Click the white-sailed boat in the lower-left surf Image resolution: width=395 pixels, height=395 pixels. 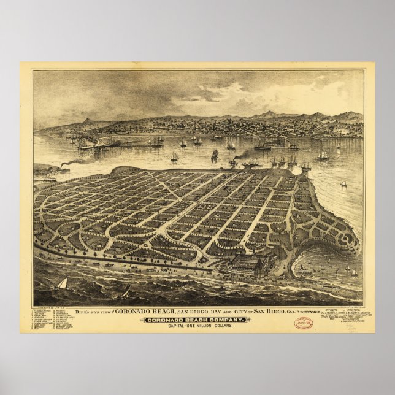[x=61, y=285]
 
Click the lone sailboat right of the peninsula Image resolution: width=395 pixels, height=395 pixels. [x=343, y=183]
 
